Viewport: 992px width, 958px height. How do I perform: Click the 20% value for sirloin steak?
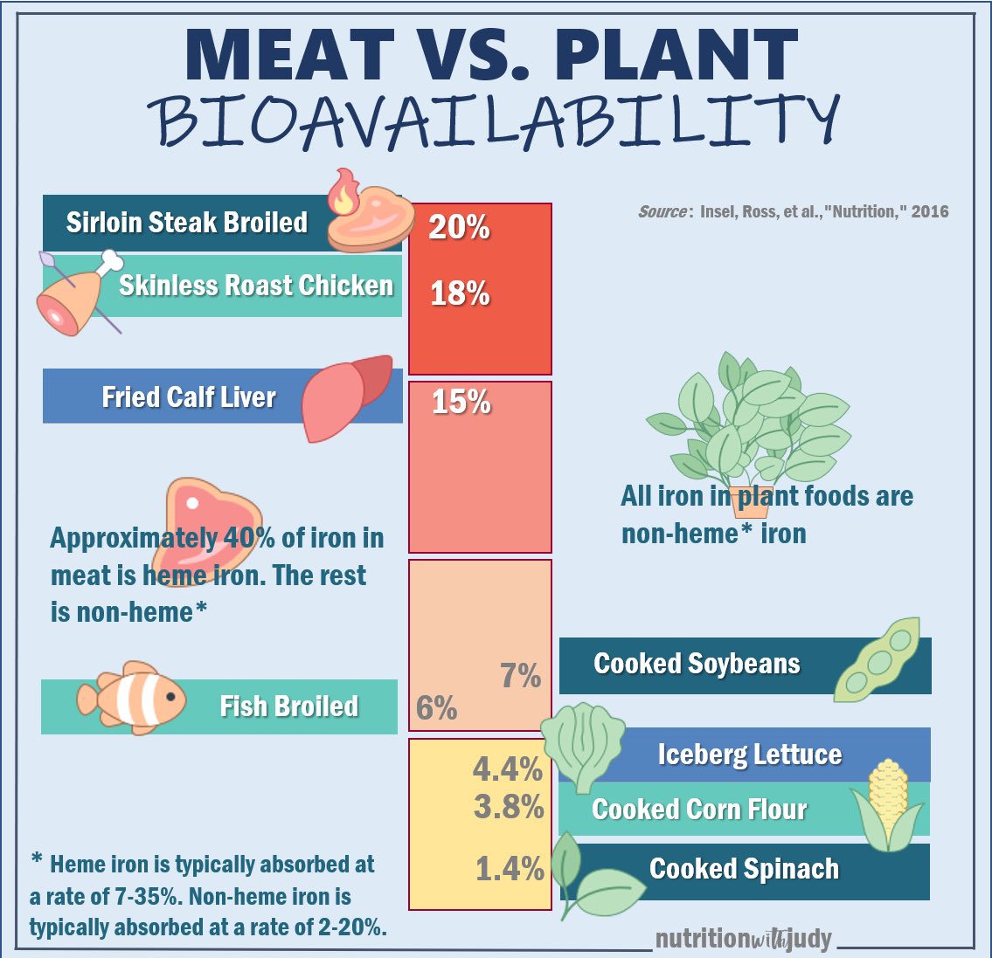click(x=459, y=227)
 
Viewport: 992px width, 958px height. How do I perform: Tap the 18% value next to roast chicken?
click(x=460, y=293)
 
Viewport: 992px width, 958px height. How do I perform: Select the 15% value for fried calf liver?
click(x=461, y=402)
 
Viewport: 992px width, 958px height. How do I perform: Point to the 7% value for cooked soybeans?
click(x=520, y=676)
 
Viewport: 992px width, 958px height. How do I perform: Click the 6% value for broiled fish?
click(x=436, y=708)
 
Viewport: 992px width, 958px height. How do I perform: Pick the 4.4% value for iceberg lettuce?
click(x=508, y=769)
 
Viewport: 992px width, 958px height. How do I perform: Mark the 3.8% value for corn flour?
click(x=509, y=808)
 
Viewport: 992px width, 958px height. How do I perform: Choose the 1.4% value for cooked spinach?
click(x=510, y=869)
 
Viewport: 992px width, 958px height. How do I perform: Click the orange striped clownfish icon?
click(x=131, y=700)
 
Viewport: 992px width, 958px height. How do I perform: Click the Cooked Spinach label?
click(x=744, y=870)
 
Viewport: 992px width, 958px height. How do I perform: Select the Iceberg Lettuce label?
click(x=749, y=755)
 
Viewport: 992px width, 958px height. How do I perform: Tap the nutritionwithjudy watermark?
click(x=743, y=940)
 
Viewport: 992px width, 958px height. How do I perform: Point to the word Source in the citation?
click(x=663, y=211)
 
